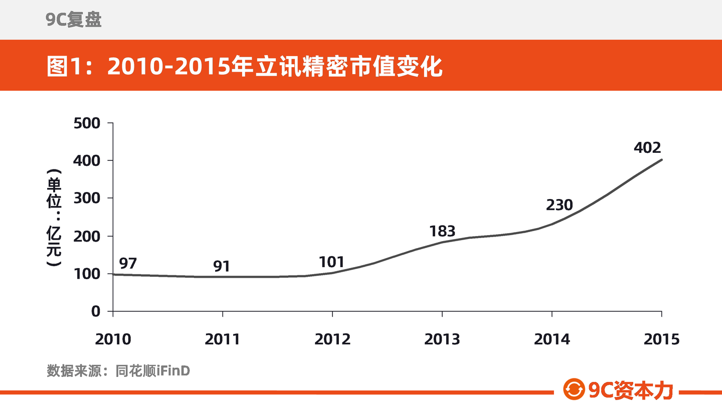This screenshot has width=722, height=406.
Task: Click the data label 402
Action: pyautogui.click(x=647, y=147)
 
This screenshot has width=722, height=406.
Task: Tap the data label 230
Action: pyautogui.click(x=559, y=205)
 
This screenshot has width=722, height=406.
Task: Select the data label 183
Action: pyautogui.click(x=442, y=231)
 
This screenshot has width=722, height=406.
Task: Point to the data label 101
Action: pyautogui.click(x=332, y=262)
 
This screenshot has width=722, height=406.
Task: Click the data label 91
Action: pyautogui.click(x=222, y=266)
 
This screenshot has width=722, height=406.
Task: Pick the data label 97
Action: pyautogui.click(x=128, y=263)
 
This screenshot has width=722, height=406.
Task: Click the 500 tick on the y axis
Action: pyautogui.click(x=87, y=123)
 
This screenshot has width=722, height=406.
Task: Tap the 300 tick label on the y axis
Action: pyautogui.click(x=87, y=198)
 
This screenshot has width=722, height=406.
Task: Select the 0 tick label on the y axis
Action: pyautogui.click(x=96, y=312)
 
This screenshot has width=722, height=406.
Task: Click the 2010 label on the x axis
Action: pyautogui.click(x=113, y=339)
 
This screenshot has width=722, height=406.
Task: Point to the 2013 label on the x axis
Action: pyautogui.click(x=442, y=339)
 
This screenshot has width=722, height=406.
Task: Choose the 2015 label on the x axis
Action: pyautogui.click(x=661, y=339)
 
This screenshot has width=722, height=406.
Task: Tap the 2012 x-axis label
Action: pyautogui.click(x=332, y=339)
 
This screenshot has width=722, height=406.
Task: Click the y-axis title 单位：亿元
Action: pyautogui.click(x=54, y=218)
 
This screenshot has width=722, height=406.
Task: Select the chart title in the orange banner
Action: pyautogui.click(x=244, y=66)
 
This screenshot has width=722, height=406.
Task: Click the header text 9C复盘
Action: pyautogui.click(x=74, y=20)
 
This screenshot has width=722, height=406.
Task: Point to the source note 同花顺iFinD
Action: pyautogui.click(x=153, y=371)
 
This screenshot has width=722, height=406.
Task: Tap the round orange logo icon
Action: pyautogui.click(x=574, y=389)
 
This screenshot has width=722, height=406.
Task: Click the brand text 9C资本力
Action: pyautogui.click(x=631, y=390)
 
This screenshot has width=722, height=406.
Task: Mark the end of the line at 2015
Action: pyautogui.click(x=662, y=160)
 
